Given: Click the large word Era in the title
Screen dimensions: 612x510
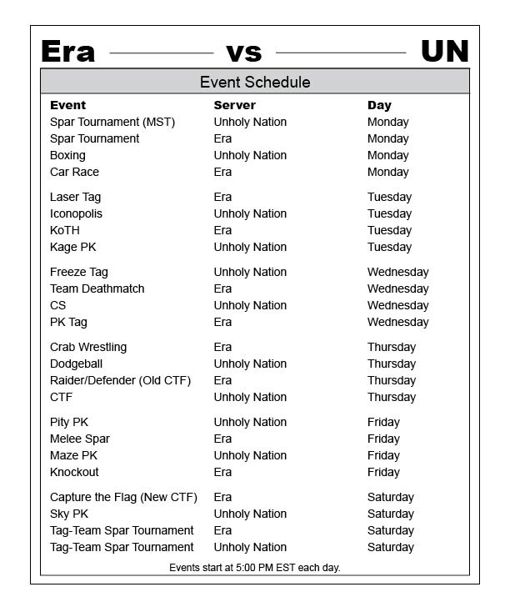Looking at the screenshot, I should (67, 52).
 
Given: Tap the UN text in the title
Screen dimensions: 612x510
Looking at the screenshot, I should (444, 52).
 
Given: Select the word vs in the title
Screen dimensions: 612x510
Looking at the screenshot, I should (243, 53).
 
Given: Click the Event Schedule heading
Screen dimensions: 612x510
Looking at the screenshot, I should (255, 82).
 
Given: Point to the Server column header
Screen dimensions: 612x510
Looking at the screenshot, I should (234, 105).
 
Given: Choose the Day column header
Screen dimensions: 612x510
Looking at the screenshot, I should (379, 105).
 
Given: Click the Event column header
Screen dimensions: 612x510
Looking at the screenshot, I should (67, 105).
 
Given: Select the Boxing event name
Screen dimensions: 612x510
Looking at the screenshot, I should (67, 155).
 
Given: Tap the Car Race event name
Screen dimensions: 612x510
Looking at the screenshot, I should (74, 172).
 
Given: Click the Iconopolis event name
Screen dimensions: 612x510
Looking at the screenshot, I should (76, 213).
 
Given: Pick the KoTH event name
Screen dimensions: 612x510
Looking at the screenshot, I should (65, 230).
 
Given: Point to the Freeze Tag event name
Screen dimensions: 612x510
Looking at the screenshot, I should (78, 272).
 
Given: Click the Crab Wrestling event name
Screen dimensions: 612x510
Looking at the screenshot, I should (88, 347).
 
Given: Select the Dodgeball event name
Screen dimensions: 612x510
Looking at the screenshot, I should (76, 364).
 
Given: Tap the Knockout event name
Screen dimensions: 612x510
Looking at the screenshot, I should (74, 472).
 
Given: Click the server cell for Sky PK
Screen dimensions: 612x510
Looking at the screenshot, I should (250, 514).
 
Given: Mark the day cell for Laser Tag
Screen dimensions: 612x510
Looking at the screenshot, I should (389, 197).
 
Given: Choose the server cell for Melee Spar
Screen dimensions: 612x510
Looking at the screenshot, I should (222, 439).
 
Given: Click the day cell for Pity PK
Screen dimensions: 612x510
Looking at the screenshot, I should (383, 422).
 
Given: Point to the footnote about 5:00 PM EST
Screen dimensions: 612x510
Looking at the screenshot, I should (255, 568).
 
